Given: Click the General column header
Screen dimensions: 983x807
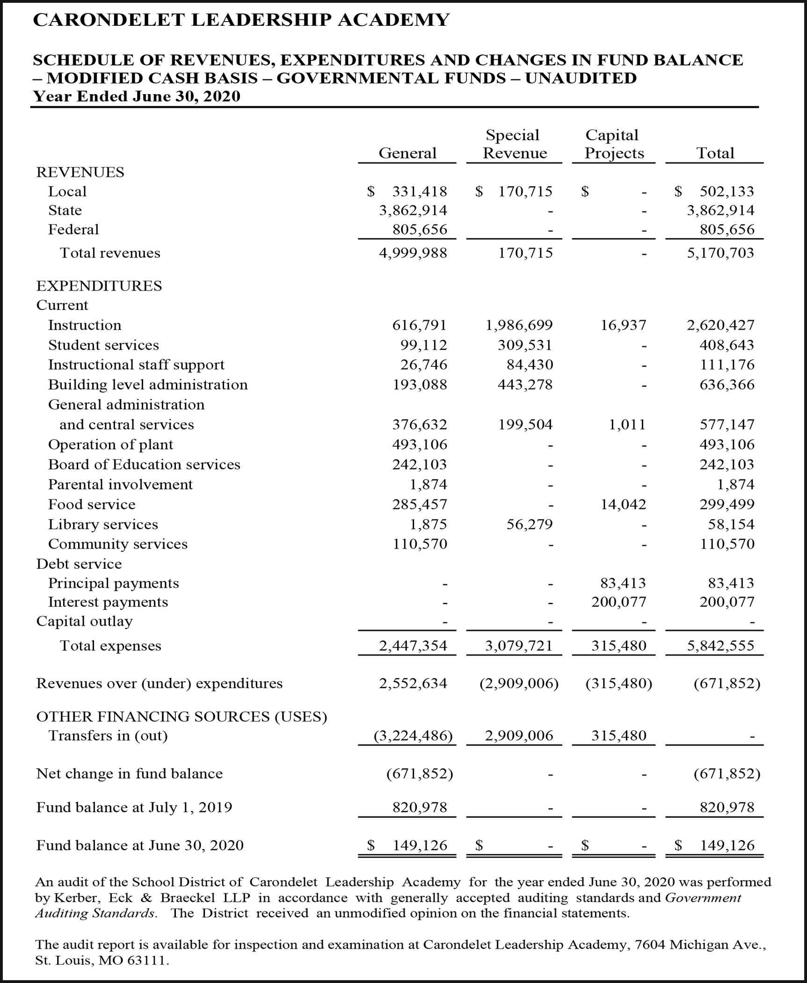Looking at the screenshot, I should tap(407, 153).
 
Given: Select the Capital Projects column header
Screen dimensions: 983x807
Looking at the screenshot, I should tap(614, 144).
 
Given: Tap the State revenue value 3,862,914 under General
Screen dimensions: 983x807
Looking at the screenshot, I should tap(413, 210).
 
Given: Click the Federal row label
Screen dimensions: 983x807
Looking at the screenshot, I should tap(73, 229).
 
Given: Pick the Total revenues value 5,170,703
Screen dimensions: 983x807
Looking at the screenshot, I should tap(720, 253).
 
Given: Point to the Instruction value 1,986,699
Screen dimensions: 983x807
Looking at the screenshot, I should tap(519, 325).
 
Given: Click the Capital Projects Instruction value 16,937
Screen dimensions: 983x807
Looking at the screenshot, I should tap(623, 325).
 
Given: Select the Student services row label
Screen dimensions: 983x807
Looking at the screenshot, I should tap(103, 345).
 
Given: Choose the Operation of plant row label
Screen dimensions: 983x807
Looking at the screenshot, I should tap(110, 444).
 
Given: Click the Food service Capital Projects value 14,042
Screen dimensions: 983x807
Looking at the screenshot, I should tap(623, 504).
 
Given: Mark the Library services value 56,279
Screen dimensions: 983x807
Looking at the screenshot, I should tap(530, 524).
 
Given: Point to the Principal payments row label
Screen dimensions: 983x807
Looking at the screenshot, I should tap(113, 583).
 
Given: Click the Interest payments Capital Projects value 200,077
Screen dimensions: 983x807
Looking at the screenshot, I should tap(618, 602).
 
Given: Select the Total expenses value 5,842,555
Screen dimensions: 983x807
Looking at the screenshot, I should tap(720, 646).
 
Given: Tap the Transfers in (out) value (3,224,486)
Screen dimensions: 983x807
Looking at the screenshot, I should tap(413, 736).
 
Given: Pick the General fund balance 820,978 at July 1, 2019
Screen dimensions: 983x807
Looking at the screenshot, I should tap(420, 807).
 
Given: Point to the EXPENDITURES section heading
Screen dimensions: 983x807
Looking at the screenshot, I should tap(99, 286).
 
